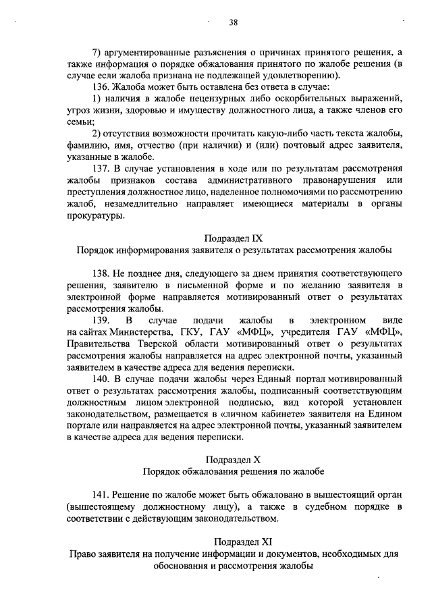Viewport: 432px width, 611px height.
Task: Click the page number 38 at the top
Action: coord(233,22)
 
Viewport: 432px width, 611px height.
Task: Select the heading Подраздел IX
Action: coord(232,238)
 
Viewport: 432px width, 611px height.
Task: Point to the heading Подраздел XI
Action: coord(233,541)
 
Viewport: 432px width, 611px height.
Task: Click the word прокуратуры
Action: coord(96,216)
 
